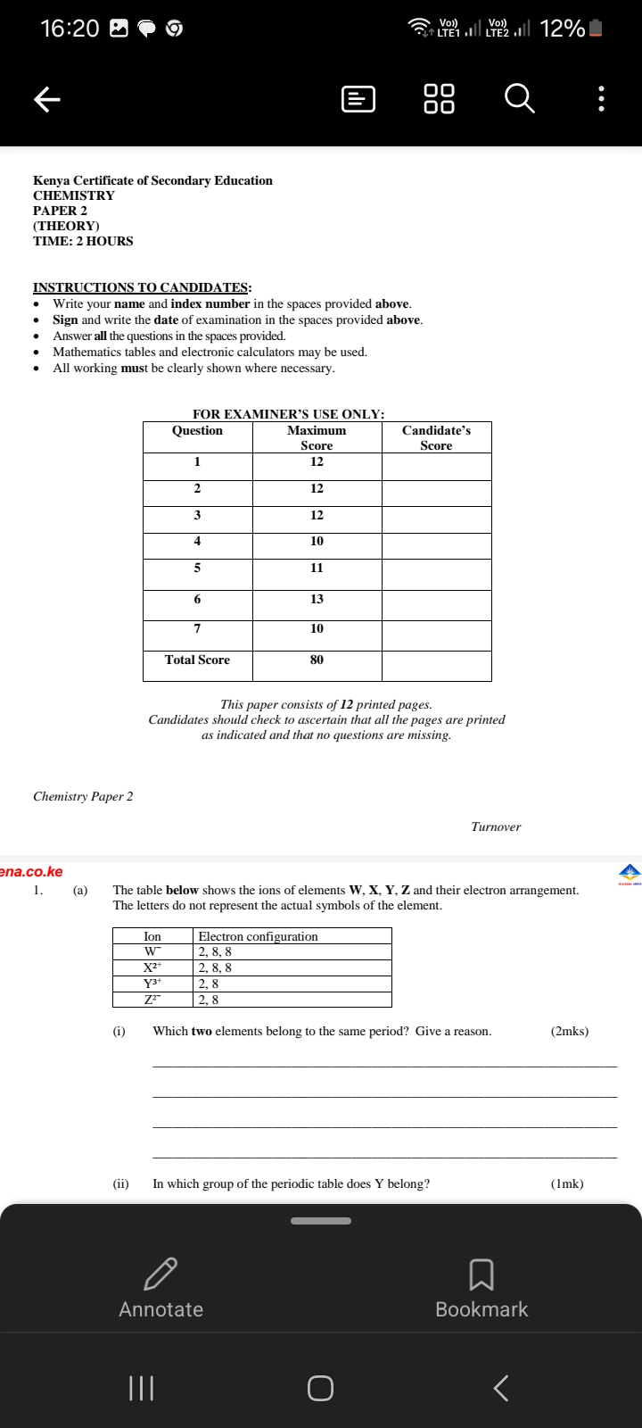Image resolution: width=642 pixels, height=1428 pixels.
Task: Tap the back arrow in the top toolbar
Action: tap(47, 99)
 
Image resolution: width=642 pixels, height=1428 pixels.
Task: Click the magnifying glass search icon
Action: tap(520, 98)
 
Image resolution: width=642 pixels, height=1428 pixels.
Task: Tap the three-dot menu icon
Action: tap(602, 98)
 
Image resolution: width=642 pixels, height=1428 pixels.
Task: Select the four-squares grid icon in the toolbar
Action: tap(439, 98)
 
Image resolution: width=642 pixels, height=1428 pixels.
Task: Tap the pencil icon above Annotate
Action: tap(160, 1274)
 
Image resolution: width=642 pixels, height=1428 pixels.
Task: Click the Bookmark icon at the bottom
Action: tap(481, 1274)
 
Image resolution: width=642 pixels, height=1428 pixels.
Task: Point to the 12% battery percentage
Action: tap(562, 29)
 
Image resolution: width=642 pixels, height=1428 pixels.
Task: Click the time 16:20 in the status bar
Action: tap(70, 29)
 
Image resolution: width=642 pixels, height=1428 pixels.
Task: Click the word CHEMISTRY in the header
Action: tap(74, 195)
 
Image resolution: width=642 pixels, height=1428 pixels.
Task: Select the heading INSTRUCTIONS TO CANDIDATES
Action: tap(142, 287)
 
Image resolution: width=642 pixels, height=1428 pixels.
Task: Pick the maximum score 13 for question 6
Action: tap(317, 599)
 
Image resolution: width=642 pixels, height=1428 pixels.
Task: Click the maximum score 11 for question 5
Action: tap(317, 568)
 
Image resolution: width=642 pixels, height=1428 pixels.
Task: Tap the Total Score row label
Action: tap(197, 660)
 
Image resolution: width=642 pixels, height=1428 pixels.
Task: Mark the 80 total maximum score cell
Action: tap(317, 660)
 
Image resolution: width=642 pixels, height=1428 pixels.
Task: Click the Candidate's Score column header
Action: tap(436, 437)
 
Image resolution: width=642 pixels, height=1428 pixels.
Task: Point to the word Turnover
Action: tap(496, 826)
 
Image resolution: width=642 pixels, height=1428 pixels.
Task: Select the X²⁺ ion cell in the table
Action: tap(152, 967)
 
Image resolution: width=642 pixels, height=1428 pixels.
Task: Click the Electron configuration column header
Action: tap(258, 936)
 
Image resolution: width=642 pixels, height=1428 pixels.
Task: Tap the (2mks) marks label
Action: tap(570, 1031)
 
